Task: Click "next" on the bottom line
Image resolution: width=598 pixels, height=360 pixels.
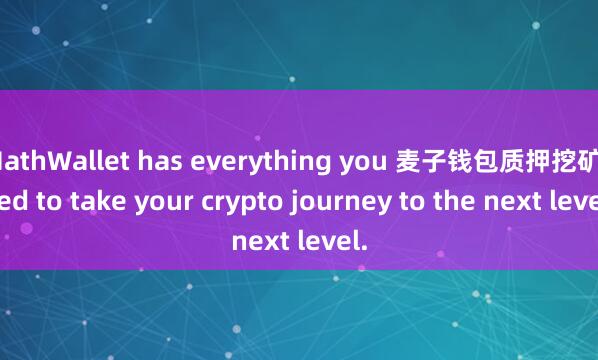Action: tap(259, 241)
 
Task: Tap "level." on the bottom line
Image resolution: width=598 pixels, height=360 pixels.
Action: tap(328, 241)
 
